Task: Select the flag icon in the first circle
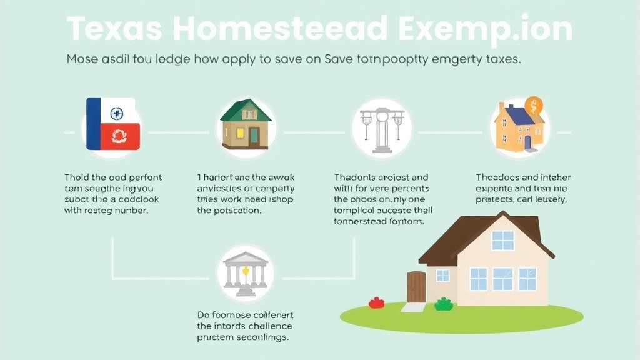click(x=113, y=124)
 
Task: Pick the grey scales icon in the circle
click(x=381, y=130)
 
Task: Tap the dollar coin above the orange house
click(x=534, y=104)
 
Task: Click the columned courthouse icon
click(x=246, y=274)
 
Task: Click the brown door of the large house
click(x=416, y=286)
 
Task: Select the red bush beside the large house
click(x=376, y=302)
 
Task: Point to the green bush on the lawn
click(x=444, y=304)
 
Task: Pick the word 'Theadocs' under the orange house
click(x=497, y=177)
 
